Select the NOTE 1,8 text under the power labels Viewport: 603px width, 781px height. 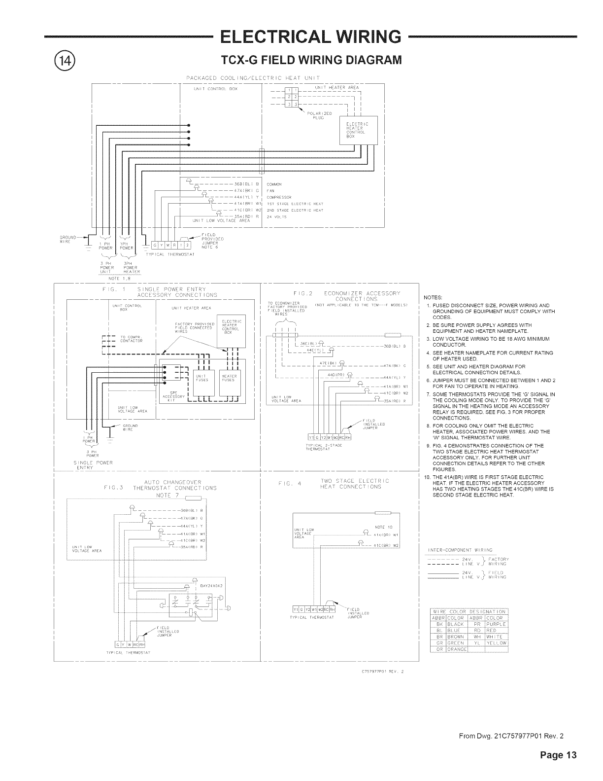pyautogui.click(x=119, y=279)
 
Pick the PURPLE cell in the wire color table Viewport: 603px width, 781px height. pyautogui.click(x=497, y=624)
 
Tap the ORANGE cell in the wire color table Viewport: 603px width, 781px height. pyautogui.click(x=457, y=649)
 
